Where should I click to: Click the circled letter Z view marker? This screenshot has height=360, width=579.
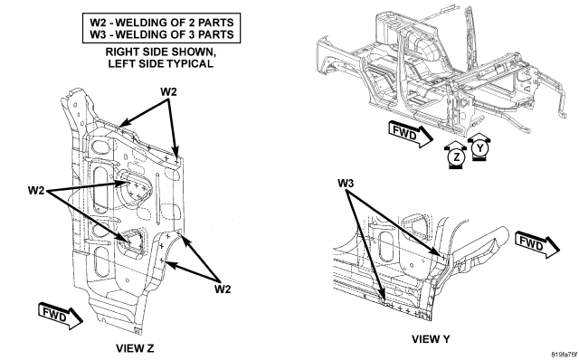click(x=457, y=157)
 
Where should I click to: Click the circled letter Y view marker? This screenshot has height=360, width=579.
click(x=479, y=148)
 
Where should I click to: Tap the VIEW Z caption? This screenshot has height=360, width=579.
click(x=135, y=348)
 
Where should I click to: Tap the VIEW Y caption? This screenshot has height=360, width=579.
click(x=431, y=338)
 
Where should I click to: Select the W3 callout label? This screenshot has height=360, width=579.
click(x=346, y=183)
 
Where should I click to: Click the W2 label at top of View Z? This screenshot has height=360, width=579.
click(x=168, y=91)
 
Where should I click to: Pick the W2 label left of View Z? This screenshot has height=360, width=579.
click(x=36, y=190)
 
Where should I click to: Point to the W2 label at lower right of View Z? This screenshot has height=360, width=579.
click(x=223, y=289)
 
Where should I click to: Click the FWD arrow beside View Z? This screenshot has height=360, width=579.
click(x=61, y=316)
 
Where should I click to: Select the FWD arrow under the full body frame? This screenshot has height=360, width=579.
click(x=411, y=135)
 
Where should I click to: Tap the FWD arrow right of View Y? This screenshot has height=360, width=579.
click(x=537, y=243)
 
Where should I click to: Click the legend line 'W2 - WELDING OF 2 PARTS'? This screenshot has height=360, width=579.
click(x=162, y=22)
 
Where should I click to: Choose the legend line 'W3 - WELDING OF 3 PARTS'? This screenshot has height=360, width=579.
click(x=162, y=34)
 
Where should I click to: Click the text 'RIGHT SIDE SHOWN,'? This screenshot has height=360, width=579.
click(x=161, y=52)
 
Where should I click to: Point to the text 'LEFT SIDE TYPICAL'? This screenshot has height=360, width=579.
click(x=161, y=63)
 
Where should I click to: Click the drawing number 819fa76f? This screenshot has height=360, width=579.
click(x=565, y=355)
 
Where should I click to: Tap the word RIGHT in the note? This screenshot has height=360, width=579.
click(x=120, y=52)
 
